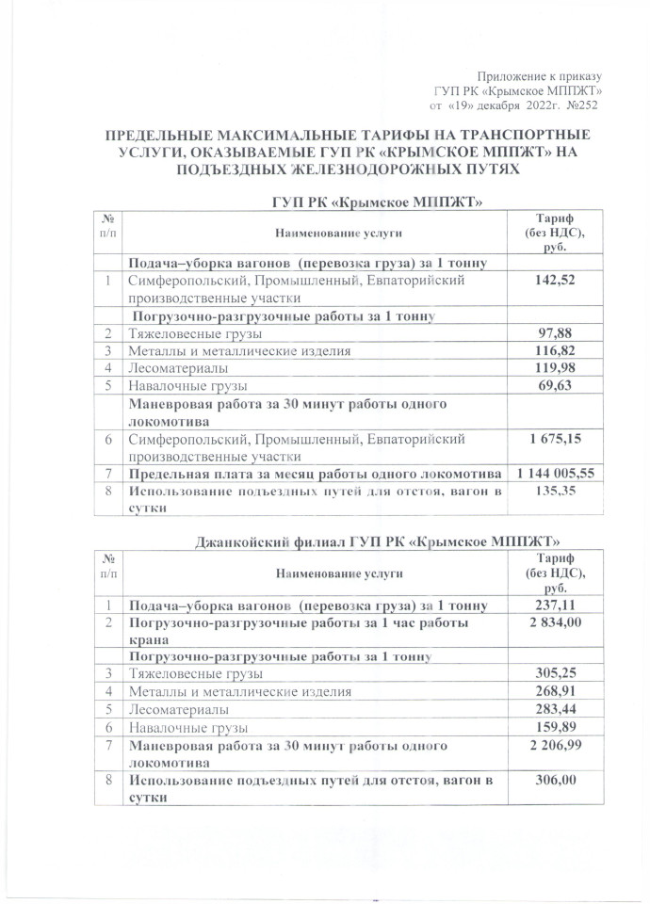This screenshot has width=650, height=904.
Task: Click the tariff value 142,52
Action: pos(554,281)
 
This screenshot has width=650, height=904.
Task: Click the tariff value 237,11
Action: pos(554,606)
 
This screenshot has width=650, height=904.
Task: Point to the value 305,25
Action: pos(554,674)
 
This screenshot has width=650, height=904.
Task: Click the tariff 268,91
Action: pos(554,692)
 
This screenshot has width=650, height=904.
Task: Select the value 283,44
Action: pos(554,710)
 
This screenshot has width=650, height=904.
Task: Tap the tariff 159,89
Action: pos(554,728)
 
